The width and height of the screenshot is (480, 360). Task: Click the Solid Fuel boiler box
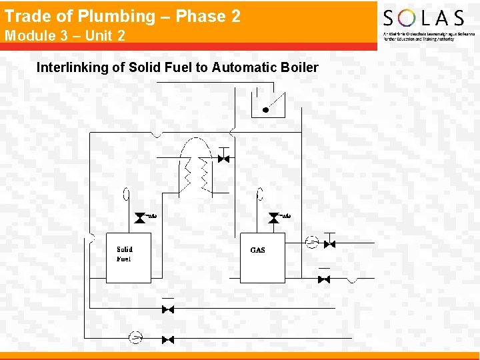tap(129, 257)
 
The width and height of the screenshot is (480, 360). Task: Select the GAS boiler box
tap(262, 257)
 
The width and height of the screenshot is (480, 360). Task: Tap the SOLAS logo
tap(423, 18)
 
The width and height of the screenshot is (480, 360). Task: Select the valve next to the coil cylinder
tap(224, 159)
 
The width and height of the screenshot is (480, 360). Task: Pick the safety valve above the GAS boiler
tap(274, 218)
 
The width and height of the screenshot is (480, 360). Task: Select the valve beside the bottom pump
tap(168, 339)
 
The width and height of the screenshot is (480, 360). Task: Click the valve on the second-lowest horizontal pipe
tap(168, 309)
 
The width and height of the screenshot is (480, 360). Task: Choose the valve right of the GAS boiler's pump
tap(329, 244)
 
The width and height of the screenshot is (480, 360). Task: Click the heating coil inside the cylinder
tap(197, 173)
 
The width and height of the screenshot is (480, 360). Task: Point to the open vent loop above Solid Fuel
tap(126, 195)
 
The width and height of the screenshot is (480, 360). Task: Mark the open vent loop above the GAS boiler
tap(260, 194)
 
